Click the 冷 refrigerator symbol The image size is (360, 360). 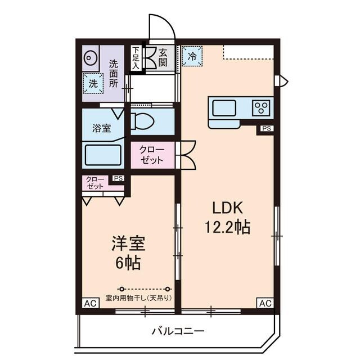tap(192, 56)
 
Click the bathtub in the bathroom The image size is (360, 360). tap(103, 155)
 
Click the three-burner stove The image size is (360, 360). tap(262, 106)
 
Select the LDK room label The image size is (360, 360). tap(227, 208)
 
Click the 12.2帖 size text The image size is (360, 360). tap(227, 227)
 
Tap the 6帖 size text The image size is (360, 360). tap(128, 262)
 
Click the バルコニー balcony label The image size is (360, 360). tap(178, 330)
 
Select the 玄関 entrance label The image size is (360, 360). tap(163, 57)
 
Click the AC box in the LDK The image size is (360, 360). tap(265, 303)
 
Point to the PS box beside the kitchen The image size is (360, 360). tap(266, 129)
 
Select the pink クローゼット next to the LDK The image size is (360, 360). tap(152, 155)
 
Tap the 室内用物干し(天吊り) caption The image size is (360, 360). tap(139, 298)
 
